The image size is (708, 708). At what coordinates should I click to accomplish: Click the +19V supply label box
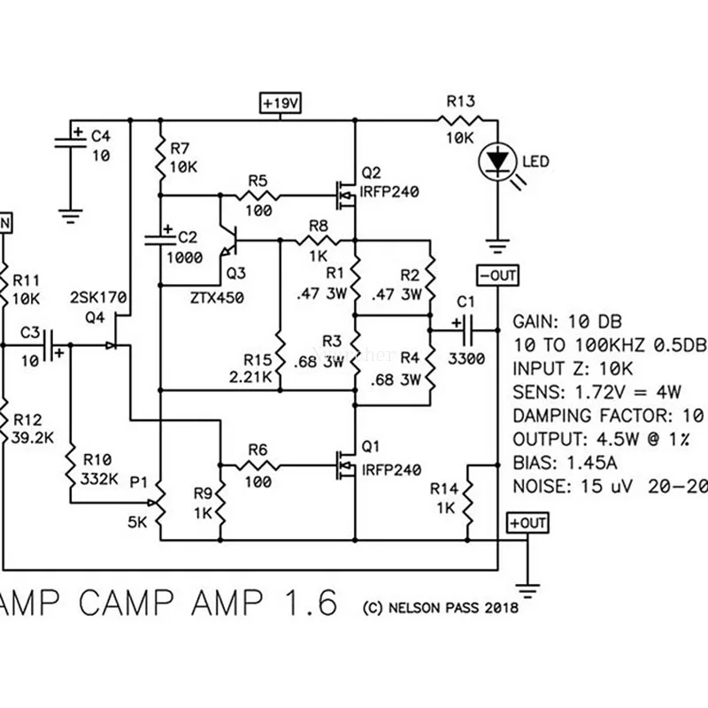click(x=281, y=103)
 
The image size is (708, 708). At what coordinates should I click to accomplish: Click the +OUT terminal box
click(x=527, y=523)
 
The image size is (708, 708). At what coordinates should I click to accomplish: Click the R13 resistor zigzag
click(x=459, y=120)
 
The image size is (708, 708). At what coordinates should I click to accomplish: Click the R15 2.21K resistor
click(x=280, y=353)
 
